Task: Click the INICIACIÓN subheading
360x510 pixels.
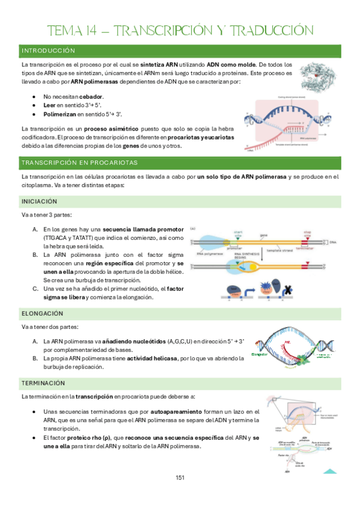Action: [x=40, y=201]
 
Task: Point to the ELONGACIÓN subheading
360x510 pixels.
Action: [x=42, y=313]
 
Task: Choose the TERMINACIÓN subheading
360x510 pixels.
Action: [x=43, y=383]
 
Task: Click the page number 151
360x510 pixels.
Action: [x=180, y=478]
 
